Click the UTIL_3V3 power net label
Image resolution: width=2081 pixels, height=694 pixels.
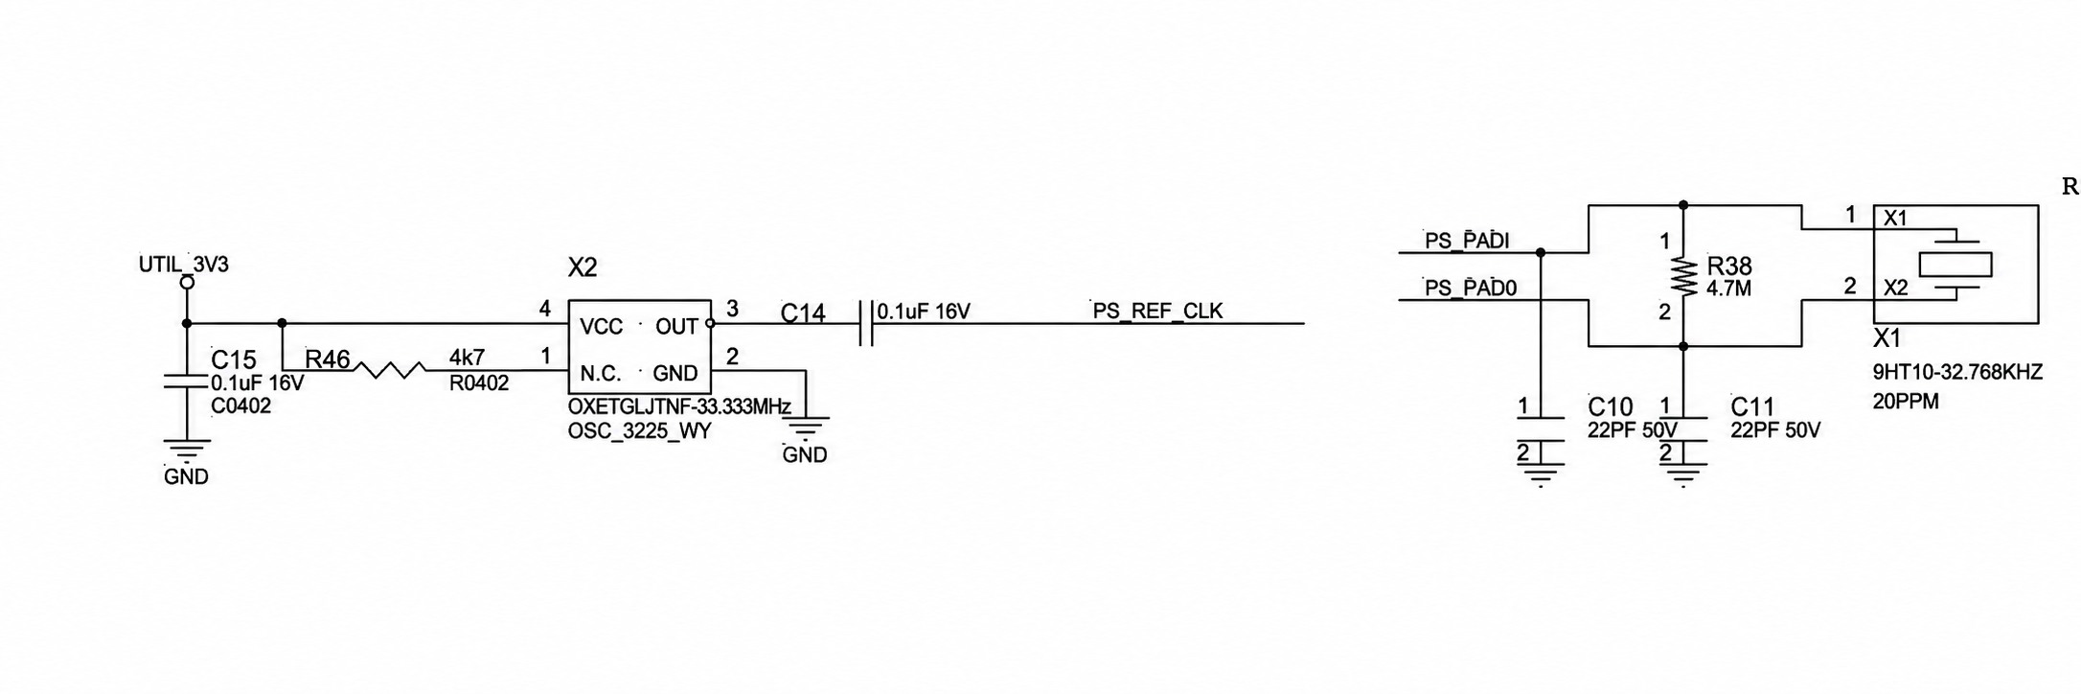click(184, 265)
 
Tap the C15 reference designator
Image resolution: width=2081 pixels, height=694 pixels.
click(234, 359)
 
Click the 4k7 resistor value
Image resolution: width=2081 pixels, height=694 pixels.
click(468, 358)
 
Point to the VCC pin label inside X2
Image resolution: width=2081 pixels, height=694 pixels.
click(602, 327)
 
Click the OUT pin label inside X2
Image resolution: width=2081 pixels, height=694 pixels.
click(676, 327)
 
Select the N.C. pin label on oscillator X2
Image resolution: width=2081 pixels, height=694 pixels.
click(601, 374)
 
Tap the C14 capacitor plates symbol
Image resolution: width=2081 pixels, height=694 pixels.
click(867, 324)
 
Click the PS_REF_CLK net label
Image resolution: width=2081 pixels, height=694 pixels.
click(1157, 311)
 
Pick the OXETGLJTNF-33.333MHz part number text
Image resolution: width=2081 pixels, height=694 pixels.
click(679, 406)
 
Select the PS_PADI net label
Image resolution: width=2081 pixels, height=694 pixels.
click(1467, 241)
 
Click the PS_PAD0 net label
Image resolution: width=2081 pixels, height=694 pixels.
click(1471, 288)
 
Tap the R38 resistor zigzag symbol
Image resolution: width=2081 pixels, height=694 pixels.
click(1683, 276)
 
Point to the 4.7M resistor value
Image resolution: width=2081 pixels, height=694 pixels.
click(1729, 288)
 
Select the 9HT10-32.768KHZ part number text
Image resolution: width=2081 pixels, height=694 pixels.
click(1957, 372)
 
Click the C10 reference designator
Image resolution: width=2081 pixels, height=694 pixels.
click(1611, 406)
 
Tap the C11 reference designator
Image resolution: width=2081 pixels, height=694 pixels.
click(1753, 406)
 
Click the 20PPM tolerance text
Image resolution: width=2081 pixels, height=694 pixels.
click(1906, 402)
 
